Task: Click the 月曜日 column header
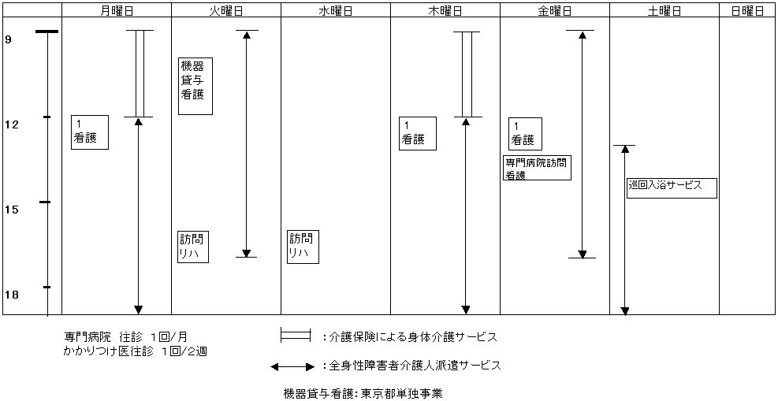(x=117, y=11)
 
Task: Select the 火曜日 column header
(x=225, y=11)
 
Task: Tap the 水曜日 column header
(x=335, y=11)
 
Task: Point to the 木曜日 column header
(x=445, y=11)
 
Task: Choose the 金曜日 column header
(x=554, y=11)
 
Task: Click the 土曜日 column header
(x=664, y=11)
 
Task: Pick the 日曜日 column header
(x=747, y=11)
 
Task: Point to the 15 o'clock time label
(x=11, y=210)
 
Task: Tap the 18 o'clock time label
(x=11, y=295)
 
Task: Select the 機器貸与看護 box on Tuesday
(x=195, y=86)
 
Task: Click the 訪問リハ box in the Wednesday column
(x=303, y=247)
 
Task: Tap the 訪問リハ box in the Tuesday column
(x=193, y=247)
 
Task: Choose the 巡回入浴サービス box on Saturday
(x=672, y=188)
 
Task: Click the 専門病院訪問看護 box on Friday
(x=537, y=169)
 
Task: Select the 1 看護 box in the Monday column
(x=89, y=132)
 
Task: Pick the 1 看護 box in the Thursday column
(x=417, y=132)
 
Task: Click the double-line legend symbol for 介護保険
(x=296, y=336)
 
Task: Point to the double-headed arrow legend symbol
(x=293, y=366)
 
